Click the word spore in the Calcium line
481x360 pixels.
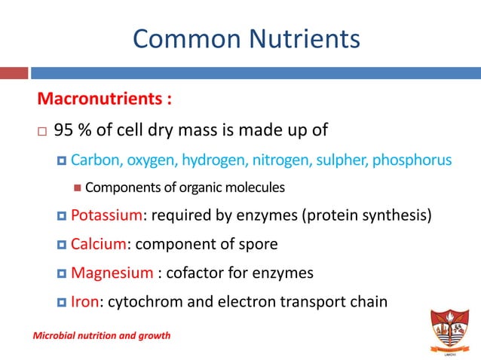coord(259,243)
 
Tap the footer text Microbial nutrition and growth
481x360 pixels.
coord(101,335)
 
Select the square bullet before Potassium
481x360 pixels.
coord(62,217)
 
